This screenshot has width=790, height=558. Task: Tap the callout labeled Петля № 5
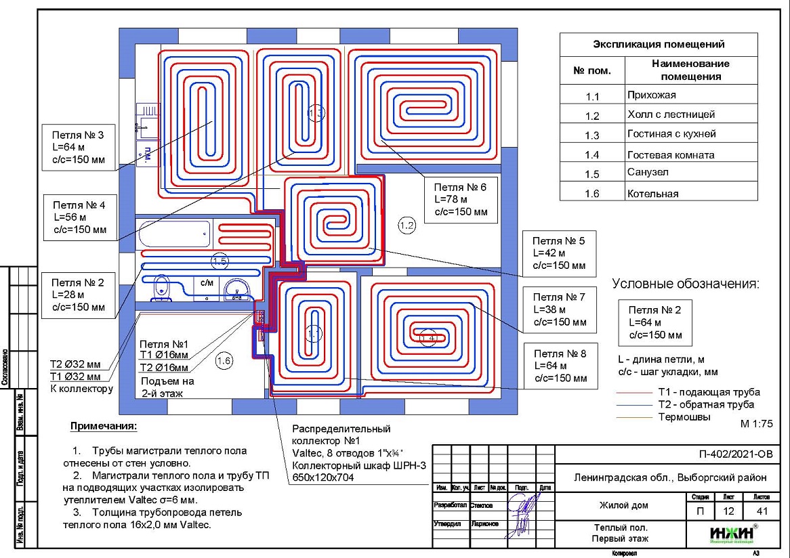coord(560,253)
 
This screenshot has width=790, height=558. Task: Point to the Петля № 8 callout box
coord(560,366)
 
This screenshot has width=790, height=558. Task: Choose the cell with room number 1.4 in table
coord(592,155)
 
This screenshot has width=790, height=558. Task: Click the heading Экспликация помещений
coord(659,45)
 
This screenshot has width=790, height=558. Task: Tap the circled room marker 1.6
coord(224,362)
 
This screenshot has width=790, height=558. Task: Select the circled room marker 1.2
coord(407,225)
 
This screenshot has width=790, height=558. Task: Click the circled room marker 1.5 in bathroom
coord(220,260)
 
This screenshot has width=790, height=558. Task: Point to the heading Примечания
coord(103,427)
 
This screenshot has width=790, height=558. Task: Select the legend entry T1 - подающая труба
coord(708,392)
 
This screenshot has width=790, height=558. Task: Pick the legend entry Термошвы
coord(684,417)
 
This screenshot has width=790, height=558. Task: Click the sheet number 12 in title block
coord(728,511)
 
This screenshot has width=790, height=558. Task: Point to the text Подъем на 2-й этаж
coord(167,386)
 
